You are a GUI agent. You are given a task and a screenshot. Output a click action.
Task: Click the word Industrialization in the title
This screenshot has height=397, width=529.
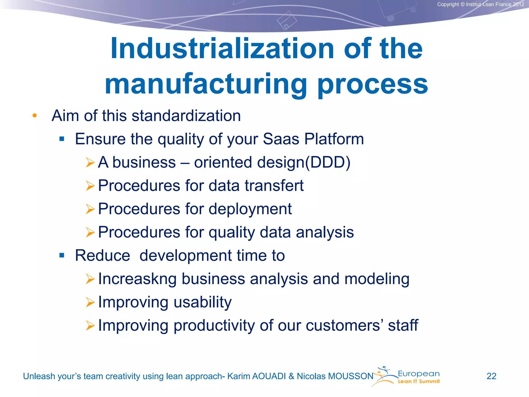[x=222, y=49]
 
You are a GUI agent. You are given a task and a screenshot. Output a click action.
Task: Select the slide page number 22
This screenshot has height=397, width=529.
[x=491, y=376]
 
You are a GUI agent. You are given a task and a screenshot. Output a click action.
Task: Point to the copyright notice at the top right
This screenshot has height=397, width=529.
[x=480, y=4]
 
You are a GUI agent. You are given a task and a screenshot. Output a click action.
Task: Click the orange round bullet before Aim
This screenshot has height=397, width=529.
[x=35, y=116]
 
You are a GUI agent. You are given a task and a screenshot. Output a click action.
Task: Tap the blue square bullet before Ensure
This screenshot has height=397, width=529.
[x=61, y=139]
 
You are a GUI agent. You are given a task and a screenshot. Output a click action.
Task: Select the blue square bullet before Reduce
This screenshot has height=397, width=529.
[x=61, y=256]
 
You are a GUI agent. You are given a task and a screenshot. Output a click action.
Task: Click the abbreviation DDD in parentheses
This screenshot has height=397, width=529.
[x=328, y=162]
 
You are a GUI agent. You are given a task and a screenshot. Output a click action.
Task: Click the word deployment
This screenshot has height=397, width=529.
[x=250, y=209]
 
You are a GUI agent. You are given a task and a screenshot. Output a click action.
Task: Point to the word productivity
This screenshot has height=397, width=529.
[x=214, y=325]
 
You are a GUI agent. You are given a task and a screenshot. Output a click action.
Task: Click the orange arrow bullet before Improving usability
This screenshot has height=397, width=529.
[x=90, y=302]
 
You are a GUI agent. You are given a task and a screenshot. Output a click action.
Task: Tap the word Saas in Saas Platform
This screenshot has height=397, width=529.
[x=281, y=139]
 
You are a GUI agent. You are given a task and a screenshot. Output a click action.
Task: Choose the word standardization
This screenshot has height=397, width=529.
[x=186, y=116]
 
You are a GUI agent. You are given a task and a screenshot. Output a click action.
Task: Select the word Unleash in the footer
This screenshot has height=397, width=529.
[x=39, y=376]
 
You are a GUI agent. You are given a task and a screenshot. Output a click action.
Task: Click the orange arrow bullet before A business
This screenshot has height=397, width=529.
[x=90, y=162]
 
